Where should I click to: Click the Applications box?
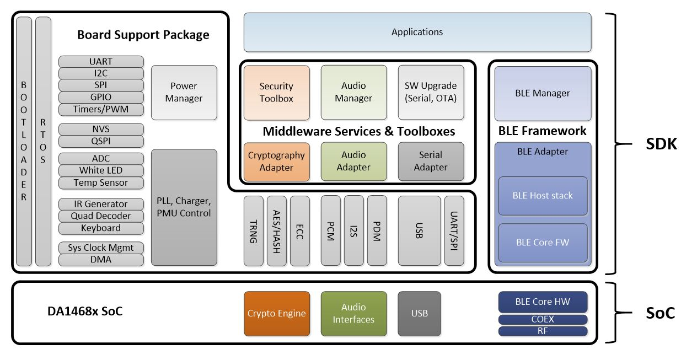[x=417, y=32]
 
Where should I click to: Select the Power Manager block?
[x=184, y=93]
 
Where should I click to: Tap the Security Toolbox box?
[x=277, y=93]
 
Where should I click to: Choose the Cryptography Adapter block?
[x=277, y=162]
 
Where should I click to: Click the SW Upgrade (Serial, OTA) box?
[x=431, y=93]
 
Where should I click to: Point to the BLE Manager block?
[x=543, y=93]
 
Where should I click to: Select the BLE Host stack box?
[x=543, y=196]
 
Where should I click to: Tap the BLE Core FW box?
[x=543, y=243]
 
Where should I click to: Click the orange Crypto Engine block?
[x=277, y=314]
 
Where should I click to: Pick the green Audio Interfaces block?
[x=354, y=314]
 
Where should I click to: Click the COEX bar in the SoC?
[x=543, y=319]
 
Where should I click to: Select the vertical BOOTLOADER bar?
[x=24, y=141]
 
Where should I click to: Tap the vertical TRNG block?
[x=253, y=231]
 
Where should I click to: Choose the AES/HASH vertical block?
[x=277, y=231]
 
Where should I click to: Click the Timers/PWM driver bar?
[x=101, y=109]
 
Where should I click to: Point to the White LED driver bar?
[x=101, y=170]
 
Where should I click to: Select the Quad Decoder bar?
[x=101, y=216]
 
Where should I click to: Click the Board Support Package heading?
[x=143, y=35]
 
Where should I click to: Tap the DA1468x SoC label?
[x=85, y=311]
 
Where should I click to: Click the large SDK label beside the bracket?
[x=661, y=144]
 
